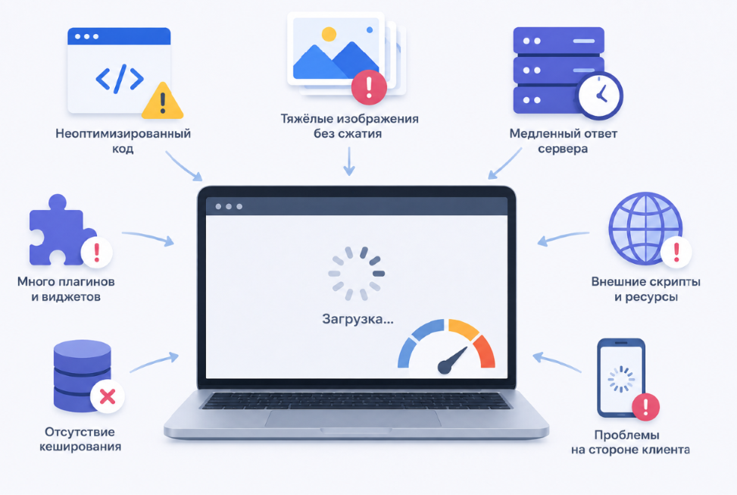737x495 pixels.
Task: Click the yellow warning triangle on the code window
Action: click(162, 102)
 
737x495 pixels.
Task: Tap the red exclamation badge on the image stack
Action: click(369, 87)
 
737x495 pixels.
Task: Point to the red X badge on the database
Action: click(108, 396)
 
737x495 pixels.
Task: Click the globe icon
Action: click(645, 228)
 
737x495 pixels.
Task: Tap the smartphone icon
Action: click(621, 378)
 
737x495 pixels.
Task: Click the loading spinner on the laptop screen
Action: click(356, 274)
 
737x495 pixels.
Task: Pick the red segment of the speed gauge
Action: click(484, 351)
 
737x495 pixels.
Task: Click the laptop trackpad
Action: click(353, 418)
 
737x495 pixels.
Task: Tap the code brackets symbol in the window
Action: click(120, 78)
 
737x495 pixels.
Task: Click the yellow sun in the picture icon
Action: click(329, 34)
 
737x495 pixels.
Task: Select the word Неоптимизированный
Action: click(123, 133)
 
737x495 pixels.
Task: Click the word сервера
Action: click(563, 149)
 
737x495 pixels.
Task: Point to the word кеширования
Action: click(80, 447)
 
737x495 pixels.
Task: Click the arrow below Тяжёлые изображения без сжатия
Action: click(348, 161)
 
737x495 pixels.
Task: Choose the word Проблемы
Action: click(626, 435)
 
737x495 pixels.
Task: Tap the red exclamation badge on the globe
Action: click(676, 252)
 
